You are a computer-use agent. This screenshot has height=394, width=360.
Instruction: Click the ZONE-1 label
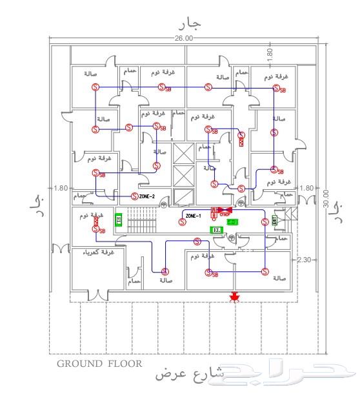pos(194,215)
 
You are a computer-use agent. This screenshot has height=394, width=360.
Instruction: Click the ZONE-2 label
pos(148,196)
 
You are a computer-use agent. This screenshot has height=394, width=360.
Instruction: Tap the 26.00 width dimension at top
pos(183,39)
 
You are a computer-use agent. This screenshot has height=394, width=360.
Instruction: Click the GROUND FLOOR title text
pos(100,364)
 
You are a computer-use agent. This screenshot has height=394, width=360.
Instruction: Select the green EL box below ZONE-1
pos(217,229)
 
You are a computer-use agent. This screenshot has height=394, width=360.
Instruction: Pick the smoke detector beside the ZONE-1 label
pos(182,221)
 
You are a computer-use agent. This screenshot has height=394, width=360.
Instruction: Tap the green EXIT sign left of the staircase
pos(119,220)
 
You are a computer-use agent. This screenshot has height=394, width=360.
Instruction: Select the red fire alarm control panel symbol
pos(218,211)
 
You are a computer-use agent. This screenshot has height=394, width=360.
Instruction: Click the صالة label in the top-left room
pos(91,74)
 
